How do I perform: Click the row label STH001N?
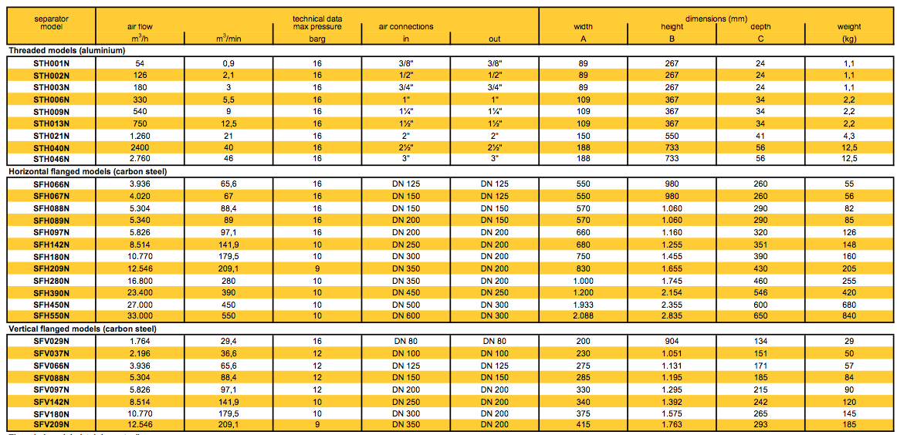tap(52, 62)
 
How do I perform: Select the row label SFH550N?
tap(52, 316)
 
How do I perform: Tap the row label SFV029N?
tap(52, 340)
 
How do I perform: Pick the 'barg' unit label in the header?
tap(316, 37)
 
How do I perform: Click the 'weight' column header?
tap(849, 27)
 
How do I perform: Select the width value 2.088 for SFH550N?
tap(583, 316)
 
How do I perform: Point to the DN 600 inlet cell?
tap(405, 316)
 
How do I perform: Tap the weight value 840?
tap(849, 316)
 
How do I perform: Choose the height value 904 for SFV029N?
tap(672, 340)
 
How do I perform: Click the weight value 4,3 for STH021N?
tap(849, 136)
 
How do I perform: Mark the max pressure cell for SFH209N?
tap(316, 268)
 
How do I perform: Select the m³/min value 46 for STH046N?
tap(228, 159)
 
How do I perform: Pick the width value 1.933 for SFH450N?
tap(583, 304)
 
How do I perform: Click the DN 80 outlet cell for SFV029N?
tap(495, 340)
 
